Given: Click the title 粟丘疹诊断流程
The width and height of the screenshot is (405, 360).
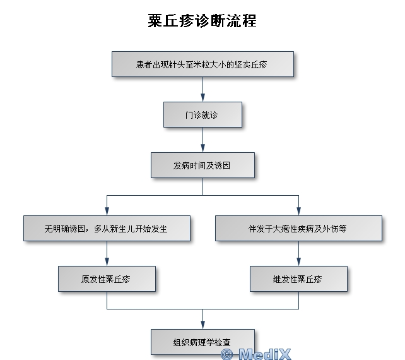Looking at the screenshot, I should coord(202,21).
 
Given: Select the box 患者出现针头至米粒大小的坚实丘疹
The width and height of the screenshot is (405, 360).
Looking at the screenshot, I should coord(202,64).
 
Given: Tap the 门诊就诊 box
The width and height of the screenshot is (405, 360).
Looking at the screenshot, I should coord(202,114).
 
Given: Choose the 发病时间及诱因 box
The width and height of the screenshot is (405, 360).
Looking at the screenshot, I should coord(202,165).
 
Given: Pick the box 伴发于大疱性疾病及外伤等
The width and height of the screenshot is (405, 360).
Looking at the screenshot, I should coord(298,228).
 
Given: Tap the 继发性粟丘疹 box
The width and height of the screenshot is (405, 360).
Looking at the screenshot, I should coord(298,279).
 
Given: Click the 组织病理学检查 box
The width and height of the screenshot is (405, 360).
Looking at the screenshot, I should coord(202,342).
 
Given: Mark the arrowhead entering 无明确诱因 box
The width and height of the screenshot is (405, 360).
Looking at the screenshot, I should coord(107,212).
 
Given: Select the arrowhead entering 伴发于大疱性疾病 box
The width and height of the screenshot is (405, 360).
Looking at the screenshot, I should coord(298,212).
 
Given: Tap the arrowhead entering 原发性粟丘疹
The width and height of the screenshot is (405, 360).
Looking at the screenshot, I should coord(107,262).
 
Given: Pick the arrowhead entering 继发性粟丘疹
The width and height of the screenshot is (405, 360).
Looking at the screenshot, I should coord(298,262).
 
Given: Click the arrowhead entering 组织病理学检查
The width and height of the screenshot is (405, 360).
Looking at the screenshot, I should coord(202,325).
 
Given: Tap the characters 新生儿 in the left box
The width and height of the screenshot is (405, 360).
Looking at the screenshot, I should coord(130,229).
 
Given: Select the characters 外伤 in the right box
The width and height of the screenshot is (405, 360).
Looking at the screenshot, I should coord(329,229).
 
